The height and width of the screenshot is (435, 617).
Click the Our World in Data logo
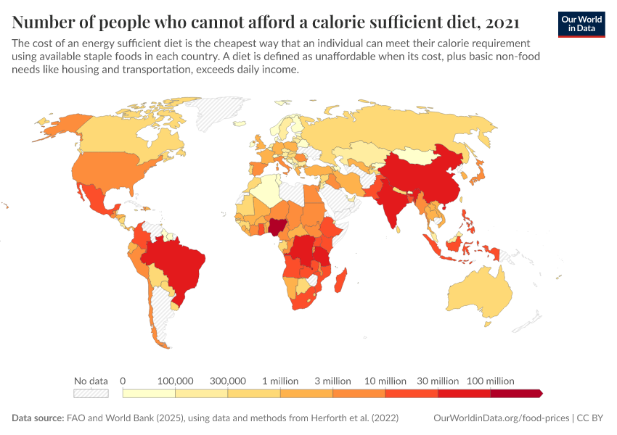click(x=581, y=24)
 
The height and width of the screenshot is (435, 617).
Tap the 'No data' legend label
click(x=91, y=381)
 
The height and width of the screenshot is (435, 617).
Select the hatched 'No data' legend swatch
click(x=91, y=394)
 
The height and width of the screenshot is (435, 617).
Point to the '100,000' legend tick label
click(x=175, y=381)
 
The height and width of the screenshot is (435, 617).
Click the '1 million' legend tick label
click(x=280, y=381)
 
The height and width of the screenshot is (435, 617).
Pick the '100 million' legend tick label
click(x=491, y=381)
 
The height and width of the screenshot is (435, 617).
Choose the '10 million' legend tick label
click(x=385, y=381)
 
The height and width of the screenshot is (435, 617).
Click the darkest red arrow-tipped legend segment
click(x=516, y=394)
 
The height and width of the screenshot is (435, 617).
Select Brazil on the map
click(x=178, y=265)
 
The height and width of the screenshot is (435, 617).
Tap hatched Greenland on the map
click(x=218, y=116)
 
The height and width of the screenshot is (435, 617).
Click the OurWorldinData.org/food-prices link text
click(x=501, y=418)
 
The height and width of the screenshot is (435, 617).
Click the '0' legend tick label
click(x=123, y=381)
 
